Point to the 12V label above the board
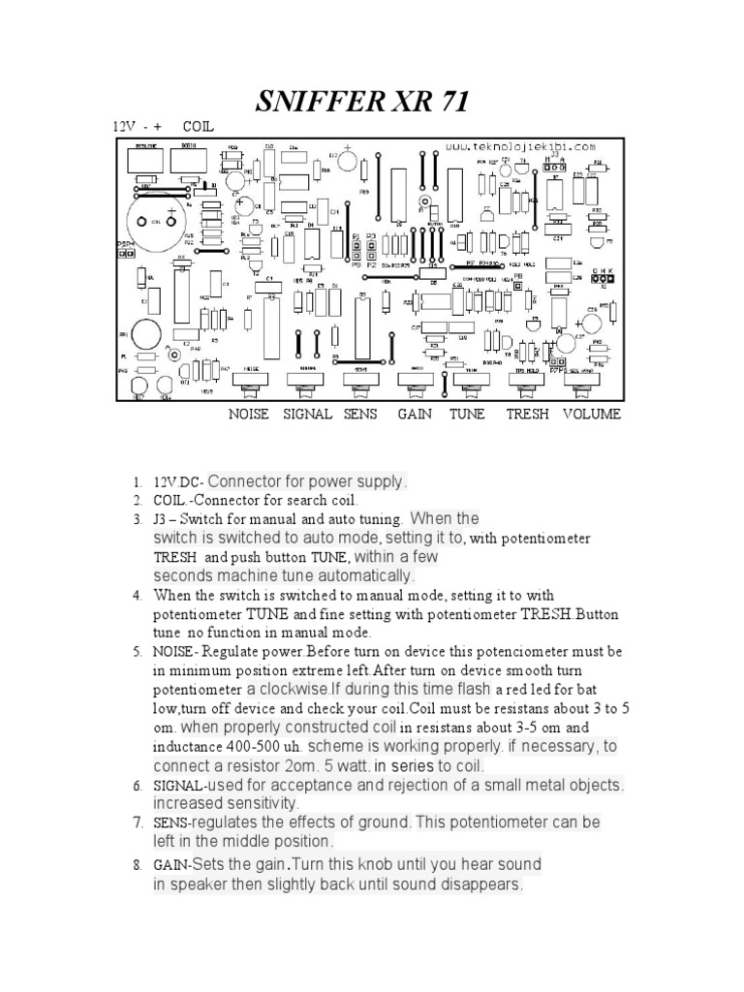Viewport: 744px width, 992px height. tap(122, 127)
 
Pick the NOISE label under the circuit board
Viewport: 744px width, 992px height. tap(249, 414)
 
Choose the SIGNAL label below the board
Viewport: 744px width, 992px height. tap(307, 414)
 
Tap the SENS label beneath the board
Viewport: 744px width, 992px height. tap(359, 414)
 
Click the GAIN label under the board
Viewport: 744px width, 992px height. tap(414, 414)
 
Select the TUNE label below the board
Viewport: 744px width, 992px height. tap(467, 414)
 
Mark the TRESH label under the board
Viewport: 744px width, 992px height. tap(527, 414)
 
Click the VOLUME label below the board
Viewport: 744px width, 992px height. tap(592, 414)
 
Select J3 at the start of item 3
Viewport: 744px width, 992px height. tap(162, 519)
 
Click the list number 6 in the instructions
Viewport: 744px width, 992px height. tap(138, 786)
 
